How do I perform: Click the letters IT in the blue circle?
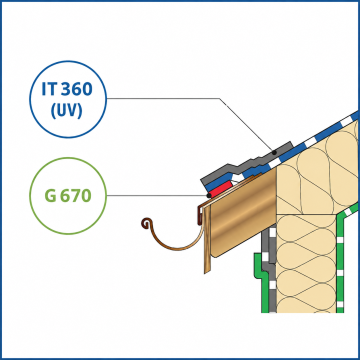[48, 89]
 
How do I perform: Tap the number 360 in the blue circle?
[76, 89]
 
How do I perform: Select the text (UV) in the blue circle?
[66, 110]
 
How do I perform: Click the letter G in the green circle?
[50, 195]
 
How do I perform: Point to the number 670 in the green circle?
[75, 195]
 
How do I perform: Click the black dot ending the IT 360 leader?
[274, 152]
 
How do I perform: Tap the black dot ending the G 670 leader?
[209, 195]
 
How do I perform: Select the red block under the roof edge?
[220, 189]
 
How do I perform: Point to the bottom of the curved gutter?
[177, 248]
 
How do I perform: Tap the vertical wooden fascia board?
[207, 239]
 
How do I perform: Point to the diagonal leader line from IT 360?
[246, 125]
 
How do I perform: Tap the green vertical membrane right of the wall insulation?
[340, 264]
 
